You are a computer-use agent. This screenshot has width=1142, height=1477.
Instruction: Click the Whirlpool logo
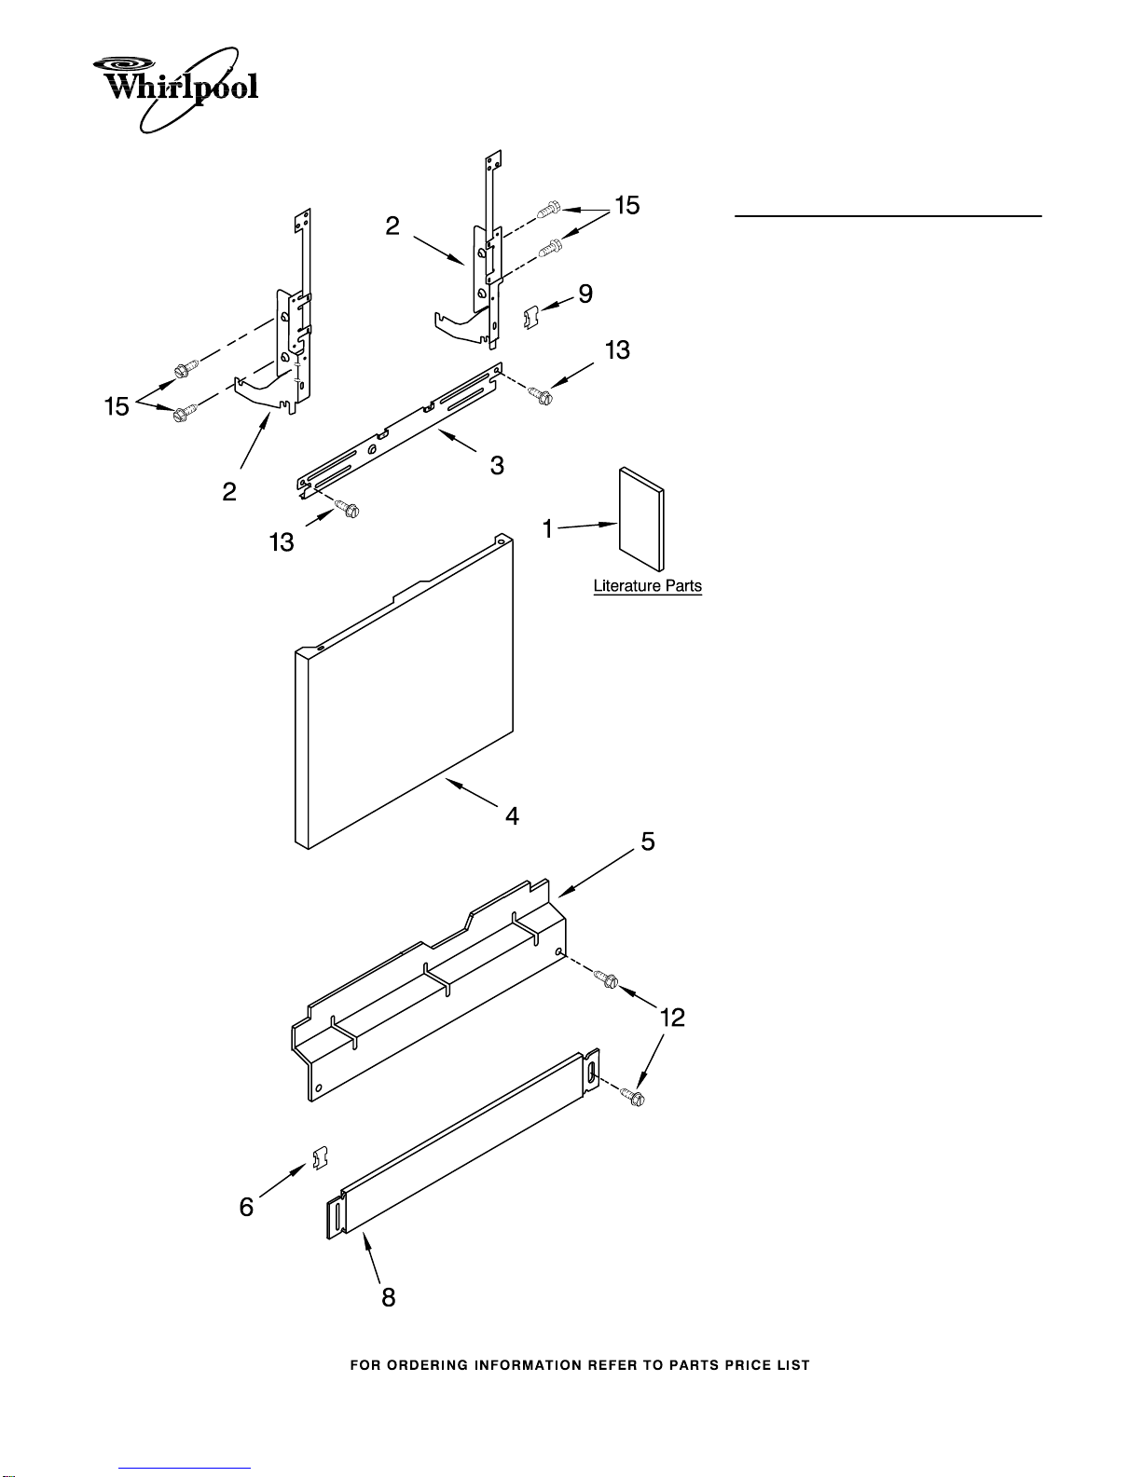[175, 89]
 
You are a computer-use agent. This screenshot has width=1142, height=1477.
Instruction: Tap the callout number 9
[585, 294]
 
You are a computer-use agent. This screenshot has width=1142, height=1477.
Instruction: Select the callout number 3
[497, 466]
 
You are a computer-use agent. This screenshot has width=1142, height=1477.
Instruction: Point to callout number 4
[512, 815]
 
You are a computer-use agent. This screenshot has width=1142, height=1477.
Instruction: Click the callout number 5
[648, 841]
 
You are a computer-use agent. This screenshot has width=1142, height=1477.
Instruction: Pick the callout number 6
[246, 1207]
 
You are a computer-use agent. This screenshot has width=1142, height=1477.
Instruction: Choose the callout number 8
[388, 1297]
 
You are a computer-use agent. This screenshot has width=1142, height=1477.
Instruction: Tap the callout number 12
[672, 1018]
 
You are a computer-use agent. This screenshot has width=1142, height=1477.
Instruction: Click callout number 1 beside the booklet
[548, 528]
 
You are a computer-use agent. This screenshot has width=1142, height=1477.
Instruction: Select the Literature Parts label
[647, 586]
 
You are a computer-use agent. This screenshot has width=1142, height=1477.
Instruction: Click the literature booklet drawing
[641, 519]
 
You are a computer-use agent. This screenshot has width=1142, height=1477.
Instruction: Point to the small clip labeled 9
[530, 318]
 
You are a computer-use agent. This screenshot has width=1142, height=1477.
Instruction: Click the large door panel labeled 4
[404, 691]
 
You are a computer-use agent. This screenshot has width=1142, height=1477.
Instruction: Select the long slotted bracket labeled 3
[400, 431]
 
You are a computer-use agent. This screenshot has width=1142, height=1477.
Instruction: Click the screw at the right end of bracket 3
[541, 395]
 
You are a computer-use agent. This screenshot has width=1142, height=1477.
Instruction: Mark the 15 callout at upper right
[627, 205]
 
